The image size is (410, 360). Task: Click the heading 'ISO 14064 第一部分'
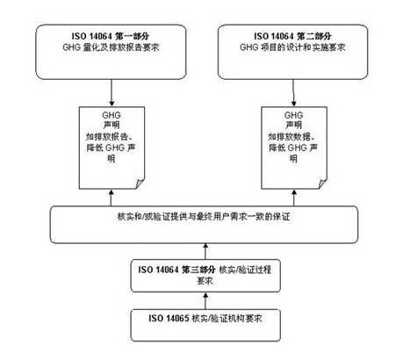coord(111,36)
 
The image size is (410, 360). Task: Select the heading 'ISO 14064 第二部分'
coord(292,36)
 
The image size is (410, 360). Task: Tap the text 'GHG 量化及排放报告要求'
coord(111,47)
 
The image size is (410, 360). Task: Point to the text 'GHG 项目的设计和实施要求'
coord(292,47)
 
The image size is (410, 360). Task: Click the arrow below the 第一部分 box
coord(111,92)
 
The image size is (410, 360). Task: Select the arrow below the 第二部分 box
coord(293,92)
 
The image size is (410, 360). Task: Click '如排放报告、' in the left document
coord(111,137)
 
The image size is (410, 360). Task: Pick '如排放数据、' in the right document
coord(293,137)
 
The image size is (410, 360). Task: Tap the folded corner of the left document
coord(140,184)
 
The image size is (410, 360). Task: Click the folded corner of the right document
coord(322,184)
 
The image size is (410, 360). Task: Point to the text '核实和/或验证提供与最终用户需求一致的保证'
coord(204,217)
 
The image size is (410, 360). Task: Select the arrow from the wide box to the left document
coord(111,198)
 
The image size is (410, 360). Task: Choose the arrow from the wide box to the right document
coord(294,198)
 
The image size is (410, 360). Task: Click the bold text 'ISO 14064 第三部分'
coord(177,270)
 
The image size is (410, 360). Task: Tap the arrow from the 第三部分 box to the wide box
coord(205,251)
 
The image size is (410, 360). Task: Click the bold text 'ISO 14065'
coord(169,318)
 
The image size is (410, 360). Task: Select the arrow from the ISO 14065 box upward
coord(205,300)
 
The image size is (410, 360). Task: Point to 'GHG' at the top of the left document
coord(111,115)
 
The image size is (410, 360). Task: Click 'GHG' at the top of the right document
coord(293,115)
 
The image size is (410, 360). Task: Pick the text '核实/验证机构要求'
coord(227,318)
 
